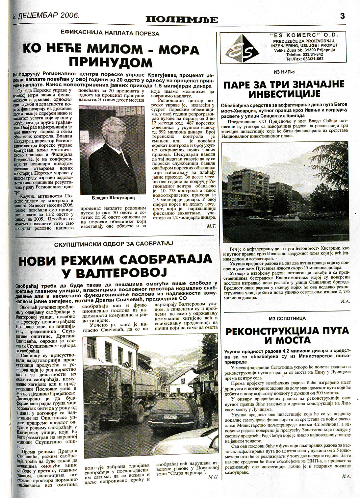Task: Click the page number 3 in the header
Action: click(343, 16)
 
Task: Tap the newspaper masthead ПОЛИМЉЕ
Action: click(182, 19)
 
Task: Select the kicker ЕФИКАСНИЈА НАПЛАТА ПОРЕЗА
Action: click(110, 33)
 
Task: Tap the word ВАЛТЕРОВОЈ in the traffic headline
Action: click(116, 272)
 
